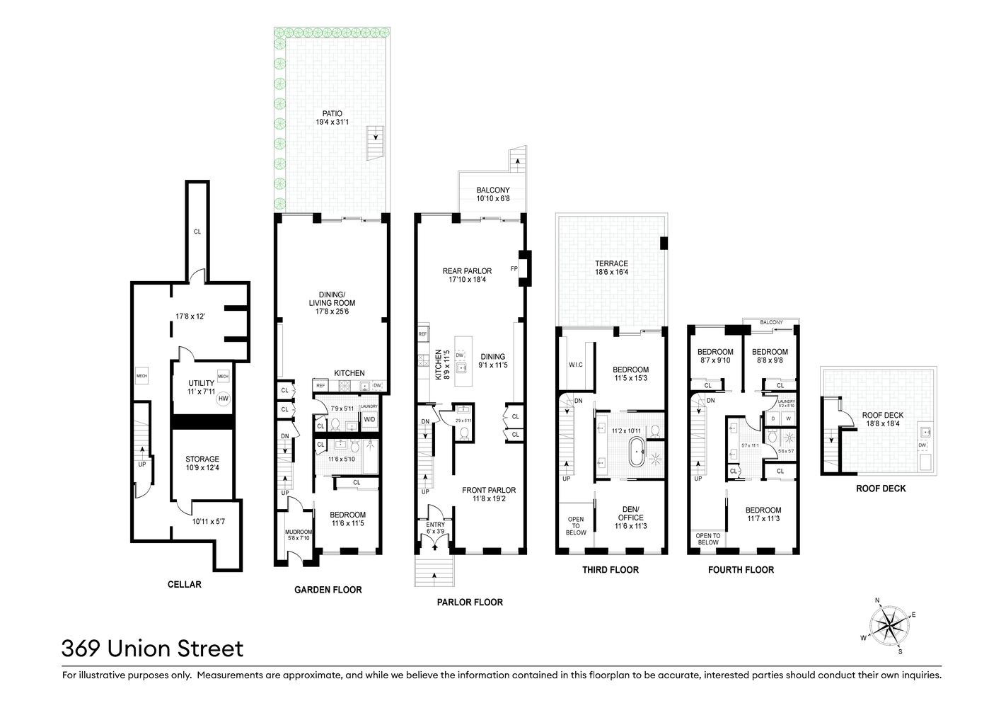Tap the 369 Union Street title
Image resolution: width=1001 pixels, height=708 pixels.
click(x=152, y=649)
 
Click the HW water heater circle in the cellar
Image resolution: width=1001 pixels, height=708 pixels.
click(x=224, y=399)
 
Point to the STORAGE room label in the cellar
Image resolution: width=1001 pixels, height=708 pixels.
click(x=202, y=459)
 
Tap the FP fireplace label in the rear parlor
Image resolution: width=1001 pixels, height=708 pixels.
click(x=514, y=268)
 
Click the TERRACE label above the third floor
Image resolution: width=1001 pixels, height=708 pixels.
click(x=611, y=263)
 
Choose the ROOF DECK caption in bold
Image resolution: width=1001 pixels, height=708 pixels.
click(x=880, y=489)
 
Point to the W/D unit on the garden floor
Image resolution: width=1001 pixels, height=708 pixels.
click(x=369, y=419)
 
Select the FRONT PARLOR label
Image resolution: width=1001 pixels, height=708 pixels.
click(x=489, y=490)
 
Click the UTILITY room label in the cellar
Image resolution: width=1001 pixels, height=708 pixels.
click(x=201, y=383)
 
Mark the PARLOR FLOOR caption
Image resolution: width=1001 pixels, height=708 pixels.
click(x=469, y=602)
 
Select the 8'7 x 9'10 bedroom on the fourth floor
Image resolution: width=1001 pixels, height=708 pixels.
click(x=715, y=356)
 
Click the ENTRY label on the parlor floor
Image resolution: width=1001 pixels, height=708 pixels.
click(x=436, y=524)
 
